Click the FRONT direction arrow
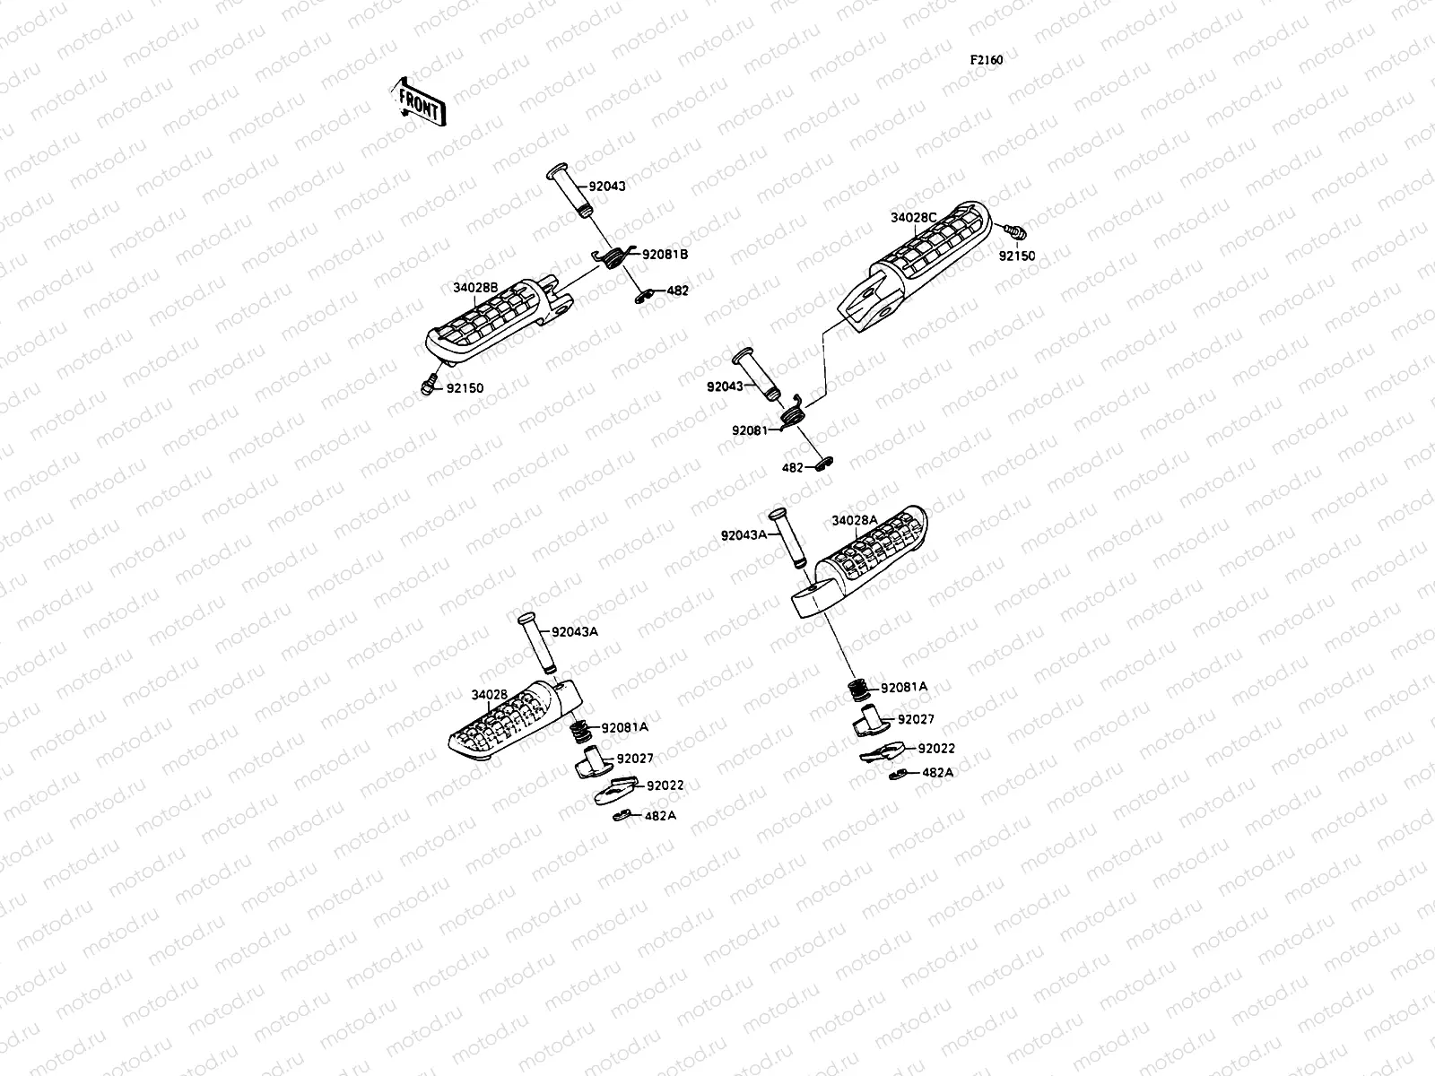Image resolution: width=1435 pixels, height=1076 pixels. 419,102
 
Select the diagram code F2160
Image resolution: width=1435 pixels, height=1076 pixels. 986,60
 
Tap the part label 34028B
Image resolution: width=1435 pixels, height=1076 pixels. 475,288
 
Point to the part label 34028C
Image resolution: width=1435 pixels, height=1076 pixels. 913,218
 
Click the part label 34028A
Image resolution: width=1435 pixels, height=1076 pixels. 855,520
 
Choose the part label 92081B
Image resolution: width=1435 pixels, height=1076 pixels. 665,255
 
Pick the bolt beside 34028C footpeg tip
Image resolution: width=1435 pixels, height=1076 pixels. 1013,231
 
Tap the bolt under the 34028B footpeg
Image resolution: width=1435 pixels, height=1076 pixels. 428,385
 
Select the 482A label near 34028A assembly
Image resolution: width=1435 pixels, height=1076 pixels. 937,772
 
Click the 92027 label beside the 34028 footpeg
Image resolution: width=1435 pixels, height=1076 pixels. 635,759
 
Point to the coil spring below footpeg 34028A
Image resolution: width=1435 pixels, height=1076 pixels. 858,690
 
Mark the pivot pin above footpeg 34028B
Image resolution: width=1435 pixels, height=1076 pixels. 570,190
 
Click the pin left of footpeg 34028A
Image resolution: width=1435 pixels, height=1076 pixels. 787,538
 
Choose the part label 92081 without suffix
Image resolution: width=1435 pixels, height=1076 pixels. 750,430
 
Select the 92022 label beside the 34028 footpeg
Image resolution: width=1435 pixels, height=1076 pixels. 665,785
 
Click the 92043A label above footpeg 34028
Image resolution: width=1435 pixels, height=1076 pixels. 575,632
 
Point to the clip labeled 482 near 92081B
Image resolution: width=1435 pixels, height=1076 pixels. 645,296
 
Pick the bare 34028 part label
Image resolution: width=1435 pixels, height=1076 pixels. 489,695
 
